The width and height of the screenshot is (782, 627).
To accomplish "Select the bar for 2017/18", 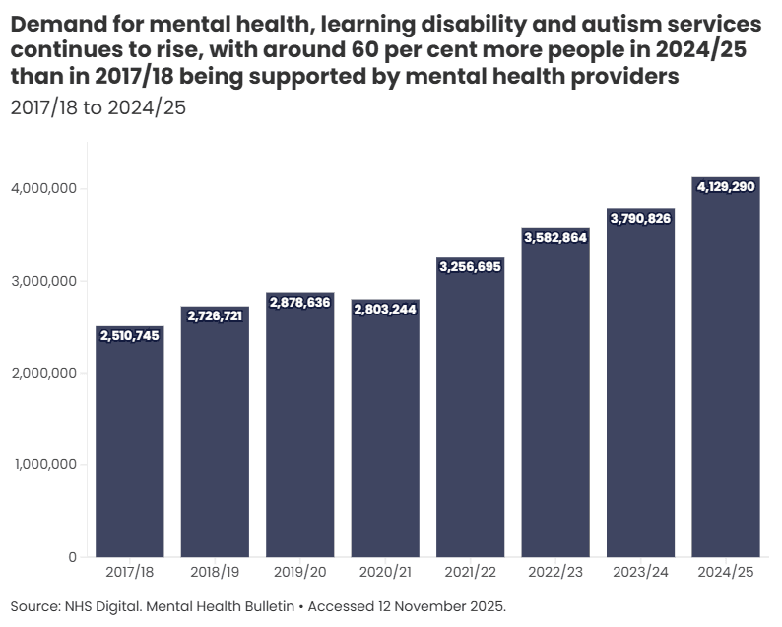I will [x=130, y=444].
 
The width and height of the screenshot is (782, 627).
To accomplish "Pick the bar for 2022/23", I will [x=555, y=394].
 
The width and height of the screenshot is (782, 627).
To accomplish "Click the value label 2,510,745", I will [x=130, y=336].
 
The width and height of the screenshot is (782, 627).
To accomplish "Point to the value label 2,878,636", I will [x=300, y=303].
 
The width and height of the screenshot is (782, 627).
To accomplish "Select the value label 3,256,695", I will [x=471, y=267].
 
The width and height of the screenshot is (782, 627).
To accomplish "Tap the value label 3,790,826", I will [x=640, y=219].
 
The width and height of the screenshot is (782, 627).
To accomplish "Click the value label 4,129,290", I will [x=726, y=186].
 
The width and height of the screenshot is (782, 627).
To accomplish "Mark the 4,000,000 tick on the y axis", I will [x=44, y=188].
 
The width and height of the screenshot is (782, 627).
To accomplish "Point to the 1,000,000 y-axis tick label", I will [x=44, y=464].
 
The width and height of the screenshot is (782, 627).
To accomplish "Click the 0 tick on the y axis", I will [x=72, y=557].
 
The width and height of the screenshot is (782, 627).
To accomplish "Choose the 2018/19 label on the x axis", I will [x=215, y=573].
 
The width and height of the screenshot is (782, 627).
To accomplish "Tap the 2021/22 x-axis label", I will [x=471, y=573].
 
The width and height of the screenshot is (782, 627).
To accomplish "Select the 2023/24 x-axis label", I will [x=640, y=573].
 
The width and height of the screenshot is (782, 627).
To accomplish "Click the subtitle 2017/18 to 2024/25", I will [x=98, y=107].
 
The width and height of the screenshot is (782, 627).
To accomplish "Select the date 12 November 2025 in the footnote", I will [x=443, y=605].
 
